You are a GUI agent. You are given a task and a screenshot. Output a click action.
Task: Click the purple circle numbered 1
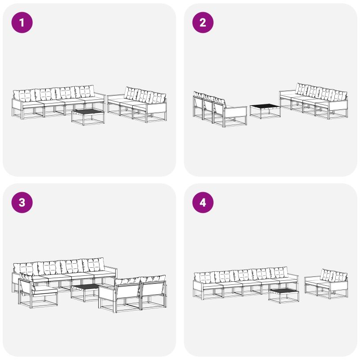point(22,22)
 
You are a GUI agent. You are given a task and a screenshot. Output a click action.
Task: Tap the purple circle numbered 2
point(203,22)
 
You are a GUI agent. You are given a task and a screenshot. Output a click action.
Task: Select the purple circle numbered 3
point(22,202)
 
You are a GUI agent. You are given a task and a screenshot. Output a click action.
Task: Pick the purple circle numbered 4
point(203,202)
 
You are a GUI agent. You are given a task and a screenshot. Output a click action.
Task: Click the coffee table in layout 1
point(88,117)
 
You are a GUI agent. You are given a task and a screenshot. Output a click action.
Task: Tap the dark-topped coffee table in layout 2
point(265,111)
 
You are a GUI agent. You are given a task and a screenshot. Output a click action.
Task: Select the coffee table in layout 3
point(85,292)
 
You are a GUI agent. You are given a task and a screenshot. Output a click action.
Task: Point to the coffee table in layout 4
point(284,296)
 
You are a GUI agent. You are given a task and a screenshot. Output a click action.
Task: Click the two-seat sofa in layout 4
point(326,284)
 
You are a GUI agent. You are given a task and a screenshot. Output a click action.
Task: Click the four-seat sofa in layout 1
point(58,102)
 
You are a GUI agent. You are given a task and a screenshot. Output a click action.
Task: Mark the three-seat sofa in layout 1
point(137,104)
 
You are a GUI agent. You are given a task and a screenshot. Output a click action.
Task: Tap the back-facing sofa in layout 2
point(220,109)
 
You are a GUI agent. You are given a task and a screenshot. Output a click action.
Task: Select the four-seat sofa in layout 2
point(314,101)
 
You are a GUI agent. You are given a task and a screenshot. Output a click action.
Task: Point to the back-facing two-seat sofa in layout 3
point(132,294)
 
